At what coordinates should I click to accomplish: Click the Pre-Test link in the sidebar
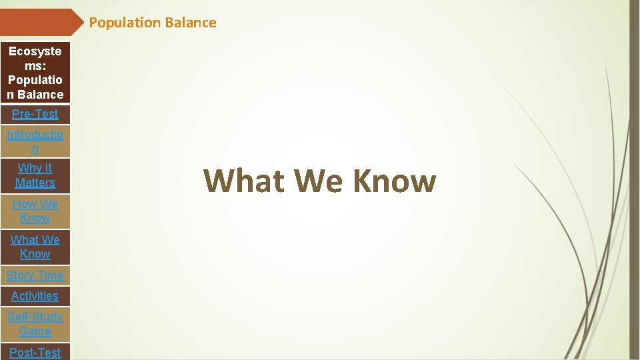coord(35,114)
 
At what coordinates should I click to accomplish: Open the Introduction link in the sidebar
coord(35,141)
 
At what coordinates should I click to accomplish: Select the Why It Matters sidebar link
coord(35,175)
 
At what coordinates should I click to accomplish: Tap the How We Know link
coord(35,211)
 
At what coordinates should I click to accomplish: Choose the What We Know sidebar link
coord(35,247)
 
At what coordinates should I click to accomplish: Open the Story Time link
coord(35,275)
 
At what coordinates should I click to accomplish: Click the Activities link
coord(35,296)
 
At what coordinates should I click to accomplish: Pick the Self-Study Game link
coord(35,324)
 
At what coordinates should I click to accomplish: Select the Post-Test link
coord(35,352)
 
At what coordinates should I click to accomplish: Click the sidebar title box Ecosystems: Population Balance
coord(35,73)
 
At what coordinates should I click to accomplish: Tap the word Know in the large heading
coord(394,181)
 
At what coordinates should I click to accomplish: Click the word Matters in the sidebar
coord(35,183)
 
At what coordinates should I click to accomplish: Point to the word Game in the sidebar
coord(35,331)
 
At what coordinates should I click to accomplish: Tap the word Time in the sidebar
coord(51,275)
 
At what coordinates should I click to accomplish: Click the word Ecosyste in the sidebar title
coord(35,51)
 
